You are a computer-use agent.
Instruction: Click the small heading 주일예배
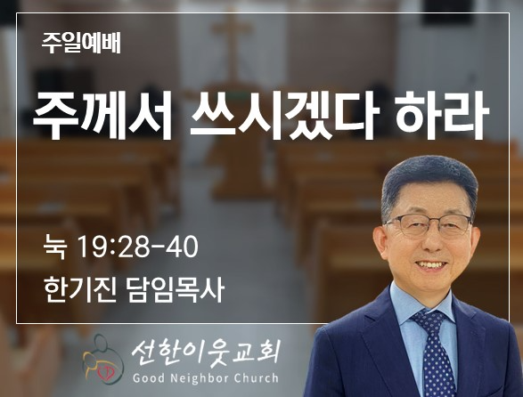pyautogui.click(x=81, y=44)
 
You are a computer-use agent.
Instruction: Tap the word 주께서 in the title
pyautogui.click(x=102, y=115)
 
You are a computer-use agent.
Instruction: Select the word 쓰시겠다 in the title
pyautogui.click(x=284, y=115)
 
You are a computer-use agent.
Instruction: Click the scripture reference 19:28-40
pyautogui.click(x=137, y=247)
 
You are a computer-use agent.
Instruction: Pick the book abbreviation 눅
pyautogui.click(x=55, y=247)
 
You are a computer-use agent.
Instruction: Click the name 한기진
pyautogui.click(x=80, y=289)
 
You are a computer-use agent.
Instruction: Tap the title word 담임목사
pyautogui.click(x=176, y=289)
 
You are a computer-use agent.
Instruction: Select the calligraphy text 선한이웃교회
pyautogui.click(x=205, y=354)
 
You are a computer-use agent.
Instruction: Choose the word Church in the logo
pyautogui.click(x=257, y=378)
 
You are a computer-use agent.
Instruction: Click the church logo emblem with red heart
pyautogui.click(x=103, y=360)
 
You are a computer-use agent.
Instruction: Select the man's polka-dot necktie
pyautogui.click(x=434, y=353)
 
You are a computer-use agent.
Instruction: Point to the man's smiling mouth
pyautogui.click(x=433, y=265)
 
